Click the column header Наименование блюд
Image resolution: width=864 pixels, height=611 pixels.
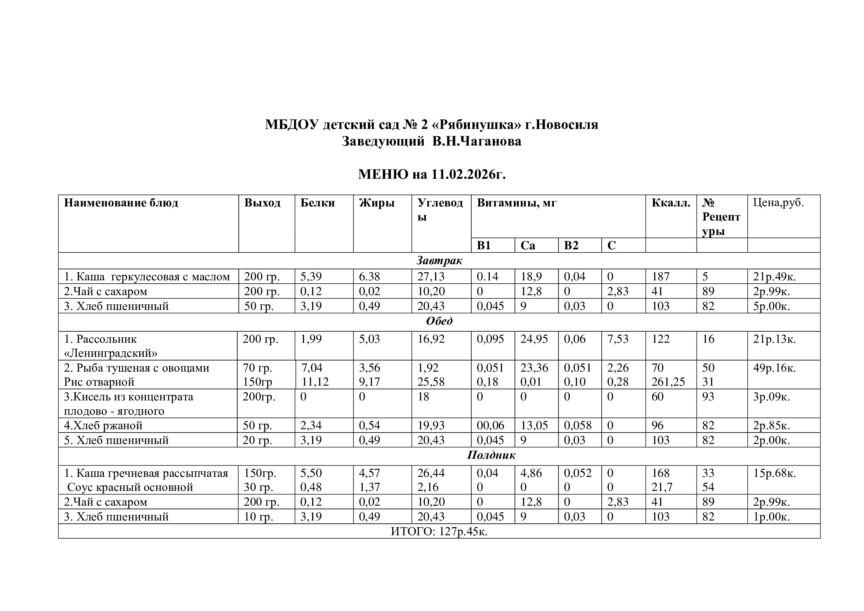pyautogui.click(x=121, y=203)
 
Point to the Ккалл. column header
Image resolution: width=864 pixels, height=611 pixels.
pyautogui.click(x=671, y=203)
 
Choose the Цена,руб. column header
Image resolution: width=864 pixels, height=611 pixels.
pyautogui.click(x=778, y=203)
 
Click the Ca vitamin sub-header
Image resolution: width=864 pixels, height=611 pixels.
pyautogui.click(x=527, y=246)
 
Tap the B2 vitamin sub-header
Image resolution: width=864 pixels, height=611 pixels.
pyautogui.click(x=571, y=246)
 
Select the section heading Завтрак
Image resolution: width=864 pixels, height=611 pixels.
pyautogui.click(x=439, y=261)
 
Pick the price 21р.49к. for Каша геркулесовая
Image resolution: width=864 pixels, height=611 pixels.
pyautogui.click(x=774, y=277)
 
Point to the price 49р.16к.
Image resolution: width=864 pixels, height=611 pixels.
pyautogui.click(x=775, y=368)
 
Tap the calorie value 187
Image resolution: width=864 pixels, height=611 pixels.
pyautogui.click(x=660, y=277)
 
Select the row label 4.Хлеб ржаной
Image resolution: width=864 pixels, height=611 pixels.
pyautogui.click(x=103, y=426)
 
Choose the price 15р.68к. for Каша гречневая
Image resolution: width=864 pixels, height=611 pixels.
pyautogui.click(x=775, y=473)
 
